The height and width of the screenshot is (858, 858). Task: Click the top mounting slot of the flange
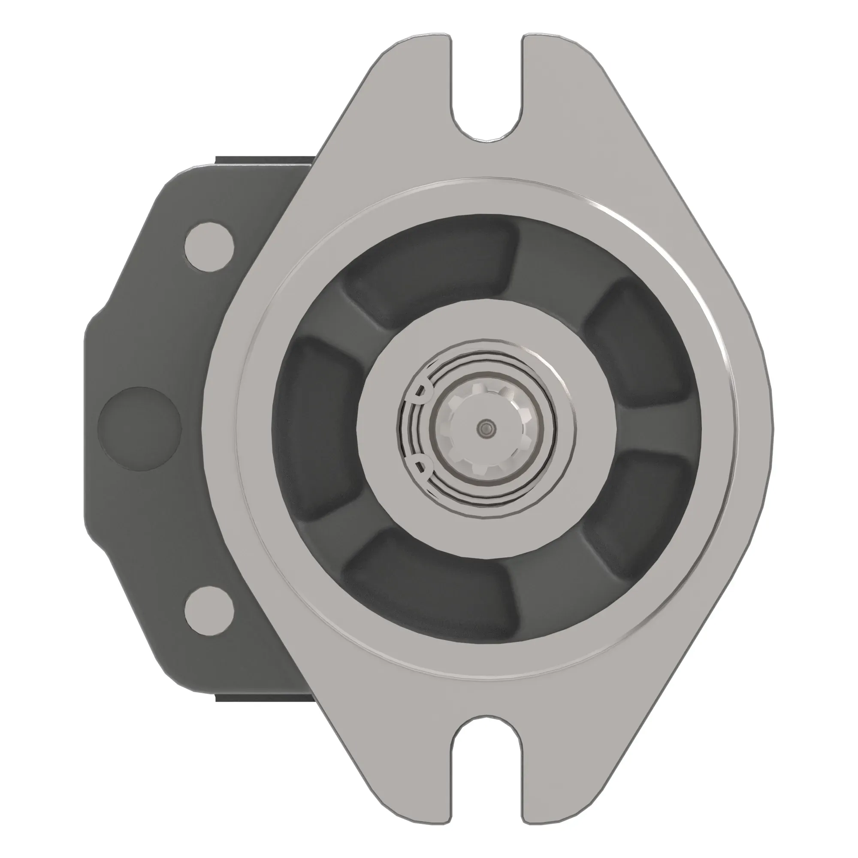487,93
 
